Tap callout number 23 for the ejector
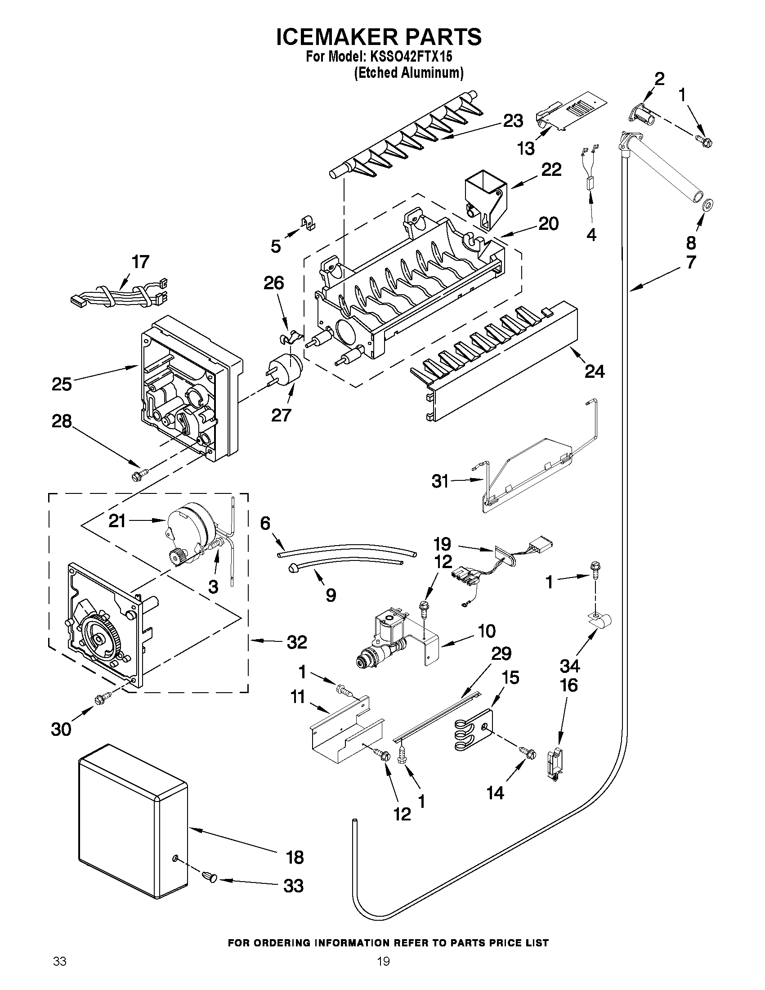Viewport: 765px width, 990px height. coord(513,121)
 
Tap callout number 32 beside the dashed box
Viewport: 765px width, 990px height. coord(297,642)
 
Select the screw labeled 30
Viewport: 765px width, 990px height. coord(100,700)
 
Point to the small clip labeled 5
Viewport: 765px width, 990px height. coord(309,224)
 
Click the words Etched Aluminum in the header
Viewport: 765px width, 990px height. coord(408,72)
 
